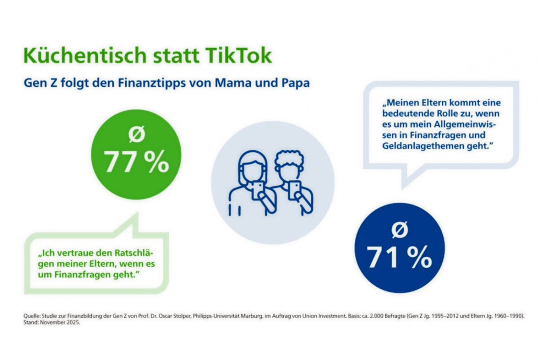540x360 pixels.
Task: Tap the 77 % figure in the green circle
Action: click(136, 163)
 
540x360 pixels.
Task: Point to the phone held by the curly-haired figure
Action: click(295, 190)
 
